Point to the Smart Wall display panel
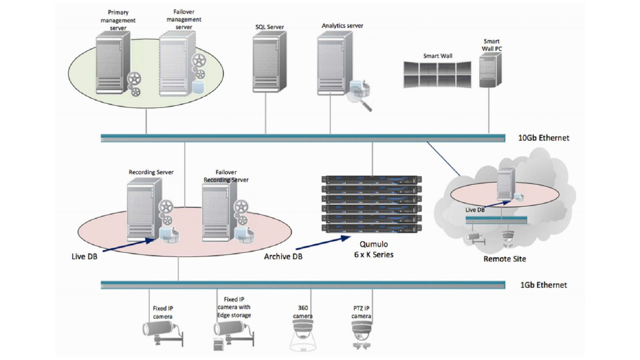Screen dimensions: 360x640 [437, 75]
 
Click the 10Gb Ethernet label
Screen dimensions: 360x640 [543, 138]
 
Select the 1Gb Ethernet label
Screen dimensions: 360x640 [543, 285]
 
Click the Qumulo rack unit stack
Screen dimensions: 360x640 [371, 204]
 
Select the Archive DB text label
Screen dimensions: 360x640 [283, 257]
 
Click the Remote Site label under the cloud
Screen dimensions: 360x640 [504, 259]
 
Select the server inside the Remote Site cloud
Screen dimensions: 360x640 [505, 183]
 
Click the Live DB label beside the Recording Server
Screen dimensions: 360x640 [84, 257]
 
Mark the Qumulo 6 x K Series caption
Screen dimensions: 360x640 [373, 249]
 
